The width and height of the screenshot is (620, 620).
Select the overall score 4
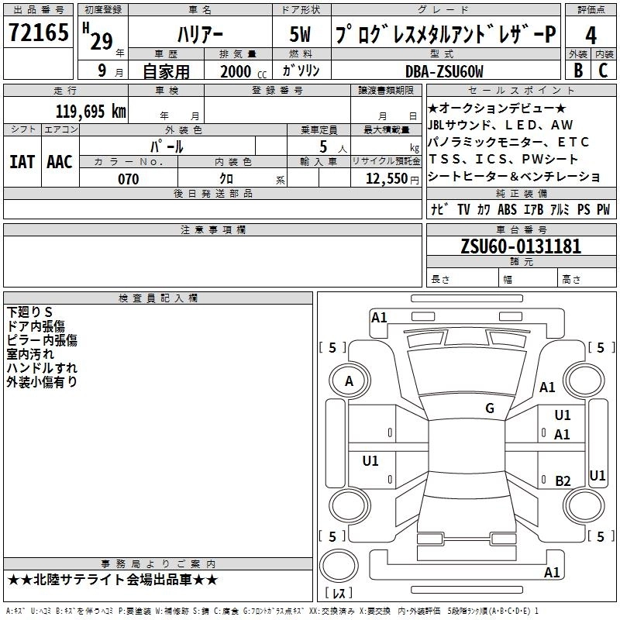coord(591,36)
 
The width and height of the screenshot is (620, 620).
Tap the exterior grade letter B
coord(577,71)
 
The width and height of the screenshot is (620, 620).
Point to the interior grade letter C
coord(604,71)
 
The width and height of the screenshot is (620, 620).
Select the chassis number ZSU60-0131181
coord(520,246)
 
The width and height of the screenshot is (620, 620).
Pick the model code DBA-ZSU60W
coord(444,71)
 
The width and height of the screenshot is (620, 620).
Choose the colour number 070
coord(128,179)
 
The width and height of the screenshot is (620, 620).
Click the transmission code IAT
coord(22,161)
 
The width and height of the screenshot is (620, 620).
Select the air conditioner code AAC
coord(60,161)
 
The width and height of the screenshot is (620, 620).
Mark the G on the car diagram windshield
coord(490,408)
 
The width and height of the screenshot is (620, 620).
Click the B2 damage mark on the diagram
coord(563,480)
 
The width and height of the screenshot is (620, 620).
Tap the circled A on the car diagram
coord(349,381)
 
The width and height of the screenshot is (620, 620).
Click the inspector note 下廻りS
coord(29,312)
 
